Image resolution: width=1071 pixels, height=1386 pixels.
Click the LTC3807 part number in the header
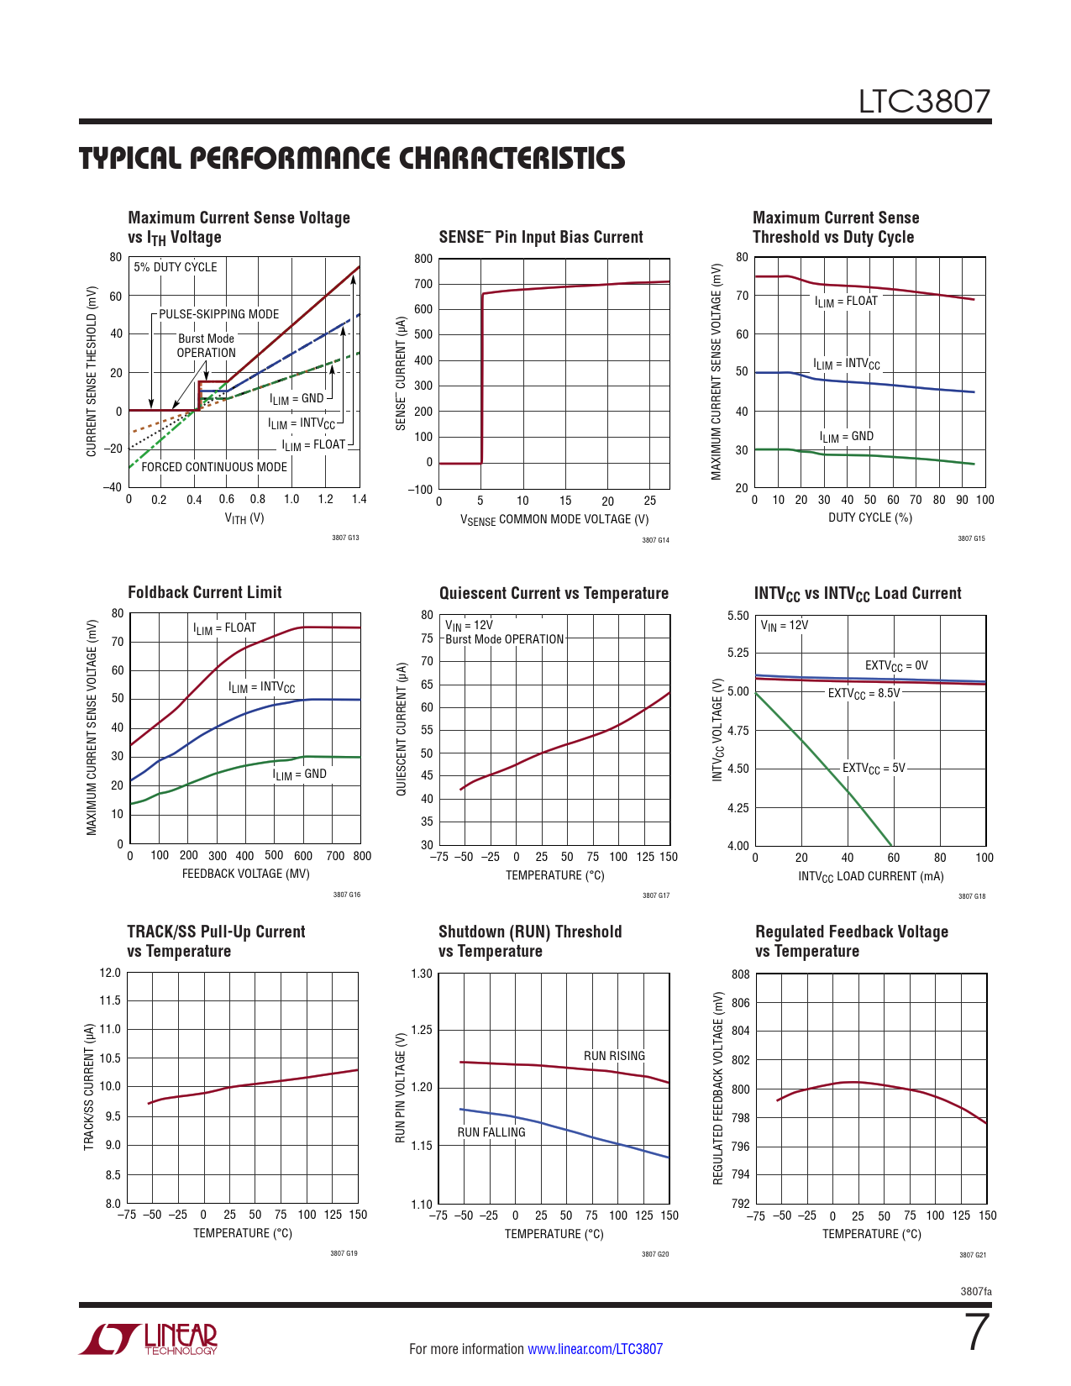click(x=924, y=102)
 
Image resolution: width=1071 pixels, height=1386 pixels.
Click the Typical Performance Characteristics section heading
click(x=352, y=159)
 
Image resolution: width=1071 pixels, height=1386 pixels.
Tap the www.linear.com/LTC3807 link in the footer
click(x=595, y=1349)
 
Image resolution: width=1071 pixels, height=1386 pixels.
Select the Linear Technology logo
click(x=149, y=1339)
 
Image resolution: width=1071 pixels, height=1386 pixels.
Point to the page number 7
click(x=976, y=1332)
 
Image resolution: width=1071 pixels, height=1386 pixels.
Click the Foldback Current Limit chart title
click(x=205, y=592)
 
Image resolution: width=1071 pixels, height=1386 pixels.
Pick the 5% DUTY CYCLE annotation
click(x=176, y=267)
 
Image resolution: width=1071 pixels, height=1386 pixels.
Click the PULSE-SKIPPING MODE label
click(x=219, y=314)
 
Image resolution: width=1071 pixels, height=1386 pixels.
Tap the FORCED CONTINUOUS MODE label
click(x=214, y=467)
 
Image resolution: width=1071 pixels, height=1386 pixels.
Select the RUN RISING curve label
click(x=614, y=1056)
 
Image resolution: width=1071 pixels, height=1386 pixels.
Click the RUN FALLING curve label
click(x=491, y=1132)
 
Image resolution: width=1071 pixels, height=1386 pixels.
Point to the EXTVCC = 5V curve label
click(x=874, y=769)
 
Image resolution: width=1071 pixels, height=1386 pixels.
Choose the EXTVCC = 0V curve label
click(x=896, y=666)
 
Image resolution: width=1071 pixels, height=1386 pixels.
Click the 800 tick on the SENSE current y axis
click(x=423, y=259)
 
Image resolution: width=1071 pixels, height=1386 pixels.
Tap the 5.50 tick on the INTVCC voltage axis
click(x=738, y=616)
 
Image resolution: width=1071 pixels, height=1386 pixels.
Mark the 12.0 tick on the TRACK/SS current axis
click(x=110, y=973)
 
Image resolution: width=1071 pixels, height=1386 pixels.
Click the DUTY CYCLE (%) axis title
click(x=870, y=517)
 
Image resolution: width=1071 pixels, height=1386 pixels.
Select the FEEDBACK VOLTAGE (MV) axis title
click(x=245, y=874)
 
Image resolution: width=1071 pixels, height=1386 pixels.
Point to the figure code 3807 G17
click(x=656, y=895)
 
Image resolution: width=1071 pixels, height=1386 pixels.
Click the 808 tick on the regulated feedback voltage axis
click(x=740, y=974)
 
